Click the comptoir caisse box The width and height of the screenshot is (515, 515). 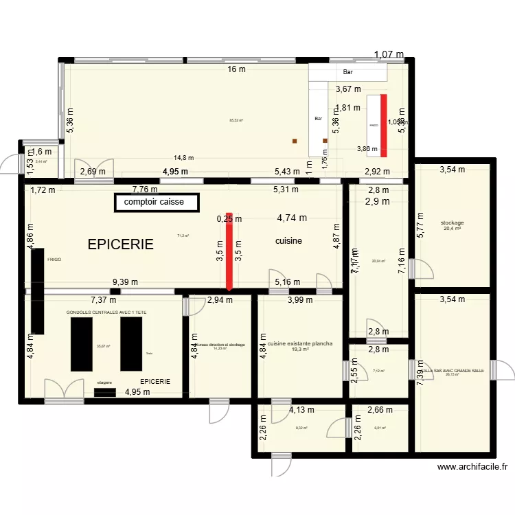pos(157,203)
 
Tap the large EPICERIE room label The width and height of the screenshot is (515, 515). pos(119,244)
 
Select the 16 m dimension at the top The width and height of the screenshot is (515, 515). pos(237,69)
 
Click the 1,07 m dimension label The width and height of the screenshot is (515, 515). pos(389,55)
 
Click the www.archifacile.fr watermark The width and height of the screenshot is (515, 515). pos(472,467)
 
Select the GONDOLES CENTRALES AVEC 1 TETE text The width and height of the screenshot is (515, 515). pos(111,312)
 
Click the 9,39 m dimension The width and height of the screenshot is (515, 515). pos(125,282)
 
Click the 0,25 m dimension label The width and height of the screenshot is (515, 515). pos(229,219)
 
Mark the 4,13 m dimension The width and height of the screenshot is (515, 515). pos(302,410)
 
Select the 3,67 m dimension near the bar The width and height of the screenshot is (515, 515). pos(348,89)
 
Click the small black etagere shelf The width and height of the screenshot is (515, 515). pos(105,392)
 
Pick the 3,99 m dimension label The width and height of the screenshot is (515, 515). pos(300,300)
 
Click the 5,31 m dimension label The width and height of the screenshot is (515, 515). pos(286,190)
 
